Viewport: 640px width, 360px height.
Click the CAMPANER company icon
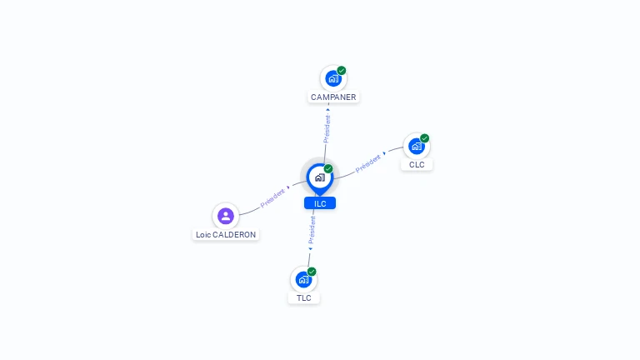(333, 79)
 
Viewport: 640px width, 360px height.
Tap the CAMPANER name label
(333, 97)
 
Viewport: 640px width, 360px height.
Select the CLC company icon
(417, 147)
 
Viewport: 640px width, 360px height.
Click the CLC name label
(417, 165)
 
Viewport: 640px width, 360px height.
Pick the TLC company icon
(303, 280)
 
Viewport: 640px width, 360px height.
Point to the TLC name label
(303, 298)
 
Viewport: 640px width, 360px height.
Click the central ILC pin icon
(319, 177)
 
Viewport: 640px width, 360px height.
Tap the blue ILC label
(320, 203)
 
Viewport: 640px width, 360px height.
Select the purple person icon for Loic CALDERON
(225, 216)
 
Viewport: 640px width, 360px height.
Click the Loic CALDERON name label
(226, 235)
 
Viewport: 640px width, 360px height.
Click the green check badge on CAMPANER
(342, 71)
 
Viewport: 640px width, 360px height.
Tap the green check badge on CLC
(425, 138)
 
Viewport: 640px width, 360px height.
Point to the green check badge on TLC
(312, 272)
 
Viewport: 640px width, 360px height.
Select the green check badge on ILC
(328, 169)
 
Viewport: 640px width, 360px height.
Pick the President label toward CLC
(368, 162)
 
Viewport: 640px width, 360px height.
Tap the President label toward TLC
(312, 229)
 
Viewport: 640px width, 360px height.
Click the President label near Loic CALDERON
(272, 198)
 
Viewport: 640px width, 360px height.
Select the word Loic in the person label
(203, 235)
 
